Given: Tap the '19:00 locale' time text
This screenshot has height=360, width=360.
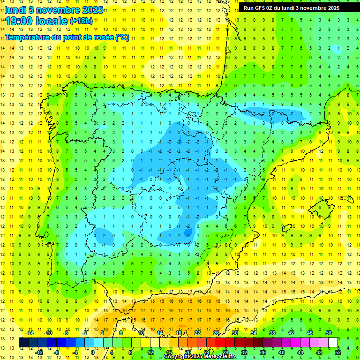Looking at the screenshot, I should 37,21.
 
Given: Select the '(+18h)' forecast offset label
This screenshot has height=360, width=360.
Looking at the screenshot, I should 81,21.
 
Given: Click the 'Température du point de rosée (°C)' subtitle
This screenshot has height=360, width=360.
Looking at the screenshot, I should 67,37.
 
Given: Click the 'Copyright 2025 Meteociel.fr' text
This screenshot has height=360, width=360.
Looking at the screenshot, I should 200,357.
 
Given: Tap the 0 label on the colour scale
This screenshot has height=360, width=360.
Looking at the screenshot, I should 93,352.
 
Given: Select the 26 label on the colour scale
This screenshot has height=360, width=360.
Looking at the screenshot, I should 216,333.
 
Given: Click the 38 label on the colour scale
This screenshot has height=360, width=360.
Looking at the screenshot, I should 272,333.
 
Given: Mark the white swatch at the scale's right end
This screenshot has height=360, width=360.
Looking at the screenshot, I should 333,343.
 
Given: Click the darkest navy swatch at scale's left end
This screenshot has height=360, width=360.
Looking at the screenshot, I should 23,343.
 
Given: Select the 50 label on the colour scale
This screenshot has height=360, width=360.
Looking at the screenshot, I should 329,333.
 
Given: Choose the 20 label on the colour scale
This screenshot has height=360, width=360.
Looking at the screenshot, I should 187,352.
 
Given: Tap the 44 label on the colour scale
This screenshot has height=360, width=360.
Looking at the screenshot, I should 300,352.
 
